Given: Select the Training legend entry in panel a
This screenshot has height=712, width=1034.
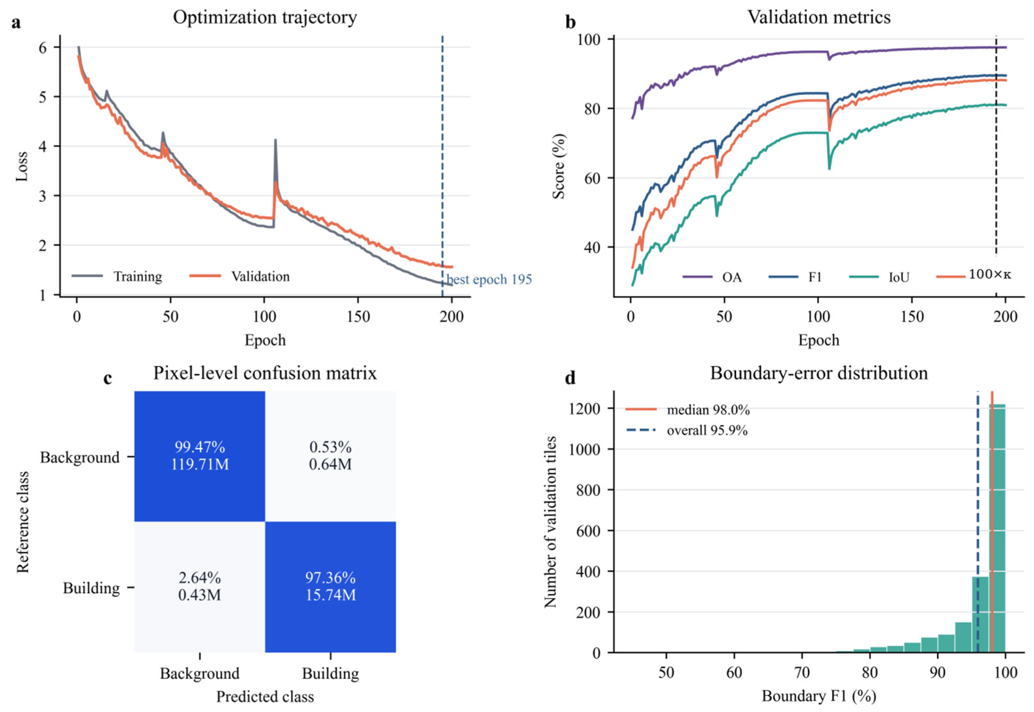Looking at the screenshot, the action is [x=117, y=276].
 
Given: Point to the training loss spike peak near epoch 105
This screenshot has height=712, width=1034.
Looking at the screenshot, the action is [x=275, y=140].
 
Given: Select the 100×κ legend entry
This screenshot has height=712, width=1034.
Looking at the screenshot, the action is [x=974, y=275].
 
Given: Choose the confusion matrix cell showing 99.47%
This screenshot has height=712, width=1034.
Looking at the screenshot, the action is [x=199, y=456].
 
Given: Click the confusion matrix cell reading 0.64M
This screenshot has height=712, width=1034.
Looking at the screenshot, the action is [x=330, y=456].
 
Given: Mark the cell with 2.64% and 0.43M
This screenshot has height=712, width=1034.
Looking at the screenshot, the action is [x=199, y=587].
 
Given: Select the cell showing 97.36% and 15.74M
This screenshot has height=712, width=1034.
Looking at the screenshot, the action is [x=330, y=587].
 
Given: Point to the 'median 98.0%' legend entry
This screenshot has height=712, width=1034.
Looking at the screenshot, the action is [x=687, y=410].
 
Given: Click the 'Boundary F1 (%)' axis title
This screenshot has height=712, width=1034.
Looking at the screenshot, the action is [x=819, y=696].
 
